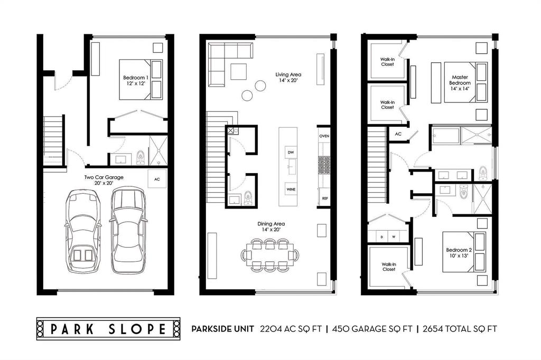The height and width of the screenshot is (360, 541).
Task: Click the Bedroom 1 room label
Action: coord(136,80)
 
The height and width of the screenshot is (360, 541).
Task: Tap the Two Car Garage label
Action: coord(104,180)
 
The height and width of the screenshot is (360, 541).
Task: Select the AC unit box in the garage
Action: coord(157,179)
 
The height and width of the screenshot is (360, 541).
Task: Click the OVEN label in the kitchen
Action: coord(324,136)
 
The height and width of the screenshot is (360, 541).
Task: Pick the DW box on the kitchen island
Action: coord(291,153)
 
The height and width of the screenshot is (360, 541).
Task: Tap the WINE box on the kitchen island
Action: coord(291,190)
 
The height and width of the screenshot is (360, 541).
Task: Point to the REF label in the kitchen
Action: coord(325,198)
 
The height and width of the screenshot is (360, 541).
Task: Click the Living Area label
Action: coord(288,77)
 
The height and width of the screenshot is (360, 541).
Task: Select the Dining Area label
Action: coord(271,226)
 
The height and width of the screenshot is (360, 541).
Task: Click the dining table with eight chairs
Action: coord(270,255)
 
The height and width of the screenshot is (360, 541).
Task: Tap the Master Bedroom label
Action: coord(460,83)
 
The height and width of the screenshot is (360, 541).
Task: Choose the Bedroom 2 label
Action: coord(459,253)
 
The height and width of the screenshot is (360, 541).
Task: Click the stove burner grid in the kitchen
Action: coord(324,166)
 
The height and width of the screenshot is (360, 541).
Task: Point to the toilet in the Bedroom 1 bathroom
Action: coord(141,157)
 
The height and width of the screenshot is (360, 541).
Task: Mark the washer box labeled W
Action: coord(394,237)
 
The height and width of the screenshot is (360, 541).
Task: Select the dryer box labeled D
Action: coord(382,237)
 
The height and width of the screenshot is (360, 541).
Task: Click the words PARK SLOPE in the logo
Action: coord(108,329)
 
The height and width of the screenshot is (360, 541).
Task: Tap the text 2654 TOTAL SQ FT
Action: coord(460,329)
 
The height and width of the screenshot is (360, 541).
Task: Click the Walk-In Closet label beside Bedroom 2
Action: coord(389,267)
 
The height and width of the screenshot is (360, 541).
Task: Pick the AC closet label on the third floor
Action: coord(398,134)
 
